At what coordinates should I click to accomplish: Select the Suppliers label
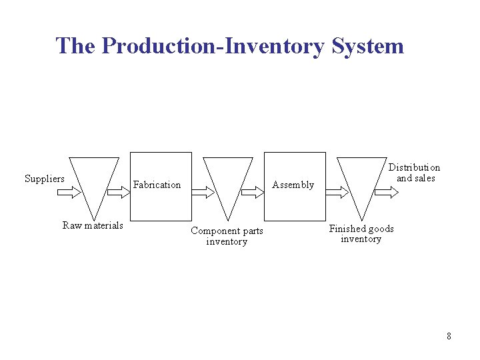pos(45,178)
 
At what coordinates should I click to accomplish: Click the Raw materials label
pos(93,225)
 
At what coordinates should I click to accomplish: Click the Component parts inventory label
pos(227,236)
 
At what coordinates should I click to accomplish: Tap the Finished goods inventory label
pos(361,234)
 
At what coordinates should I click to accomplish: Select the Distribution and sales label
pos(414,173)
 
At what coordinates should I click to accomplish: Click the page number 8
pos(449,336)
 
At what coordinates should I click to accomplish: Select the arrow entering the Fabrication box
pos(118,192)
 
